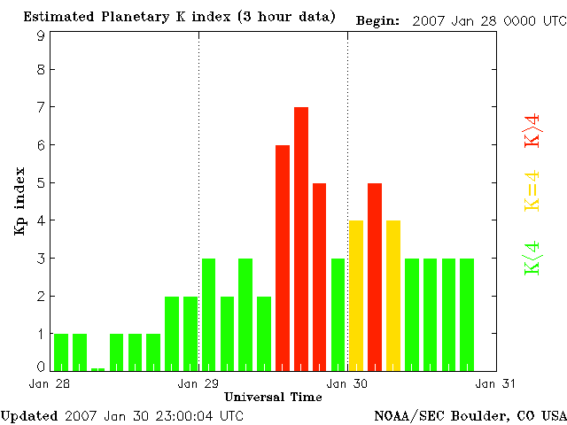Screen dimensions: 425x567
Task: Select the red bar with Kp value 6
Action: click(283, 257)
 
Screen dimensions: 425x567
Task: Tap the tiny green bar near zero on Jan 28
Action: click(97, 369)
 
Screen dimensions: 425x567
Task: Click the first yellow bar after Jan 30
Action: click(356, 295)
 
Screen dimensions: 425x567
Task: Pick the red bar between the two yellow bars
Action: click(375, 276)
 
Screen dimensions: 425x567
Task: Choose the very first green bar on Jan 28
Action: click(61, 352)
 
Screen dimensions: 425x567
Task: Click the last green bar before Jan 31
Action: click(467, 314)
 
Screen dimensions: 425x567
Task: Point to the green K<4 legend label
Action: click(532, 258)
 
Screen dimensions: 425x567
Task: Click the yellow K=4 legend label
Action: click(532, 189)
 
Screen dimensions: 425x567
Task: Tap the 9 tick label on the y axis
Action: click(41, 35)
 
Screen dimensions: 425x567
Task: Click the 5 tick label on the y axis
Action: click(41, 183)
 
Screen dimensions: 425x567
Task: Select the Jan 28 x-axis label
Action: click(44, 384)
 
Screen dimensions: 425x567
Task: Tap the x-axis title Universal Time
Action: click(273, 397)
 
